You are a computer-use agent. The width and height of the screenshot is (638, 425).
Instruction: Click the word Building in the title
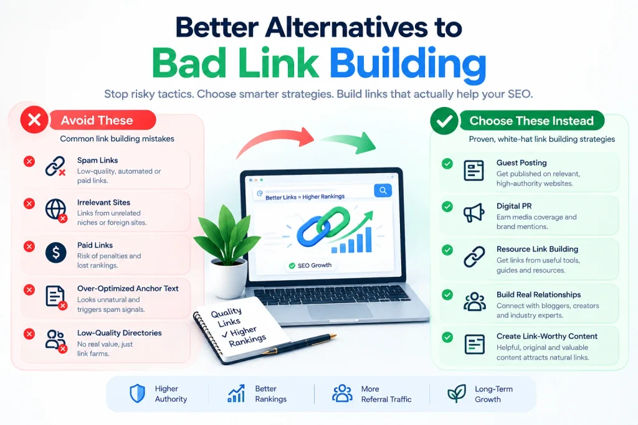pos(407,64)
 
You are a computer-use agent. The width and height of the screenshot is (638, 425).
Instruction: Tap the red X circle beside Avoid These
pos(34,119)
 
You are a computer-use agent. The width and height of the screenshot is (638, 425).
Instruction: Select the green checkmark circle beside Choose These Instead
pos(444,121)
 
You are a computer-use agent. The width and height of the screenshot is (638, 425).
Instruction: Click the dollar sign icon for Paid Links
pos(55,252)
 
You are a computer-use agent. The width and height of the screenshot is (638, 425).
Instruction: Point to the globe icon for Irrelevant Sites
pos(55,210)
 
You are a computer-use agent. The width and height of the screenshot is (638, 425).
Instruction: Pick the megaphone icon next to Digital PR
pos(474,213)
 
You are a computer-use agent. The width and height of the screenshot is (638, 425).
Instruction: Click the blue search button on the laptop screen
pos(383,190)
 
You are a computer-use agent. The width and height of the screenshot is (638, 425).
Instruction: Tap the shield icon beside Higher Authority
pos(137,393)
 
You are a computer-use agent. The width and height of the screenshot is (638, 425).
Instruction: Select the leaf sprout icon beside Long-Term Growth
pos(457,393)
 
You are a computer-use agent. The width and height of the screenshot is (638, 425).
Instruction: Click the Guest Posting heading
pos(521,162)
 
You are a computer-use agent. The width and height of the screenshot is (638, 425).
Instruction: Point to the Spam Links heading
pos(98,160)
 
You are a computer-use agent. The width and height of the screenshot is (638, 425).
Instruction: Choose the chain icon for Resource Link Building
pos(474,257)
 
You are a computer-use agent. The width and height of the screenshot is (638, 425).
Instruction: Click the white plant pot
pos(228,278)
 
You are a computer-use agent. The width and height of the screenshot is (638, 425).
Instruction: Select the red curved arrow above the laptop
pos(275,140)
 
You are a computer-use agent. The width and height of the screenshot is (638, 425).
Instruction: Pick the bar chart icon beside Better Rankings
pos(236,393)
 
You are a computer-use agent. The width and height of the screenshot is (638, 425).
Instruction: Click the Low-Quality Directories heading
pos(120,333)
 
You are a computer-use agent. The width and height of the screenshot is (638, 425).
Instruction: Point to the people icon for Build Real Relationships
pos(474,302)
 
